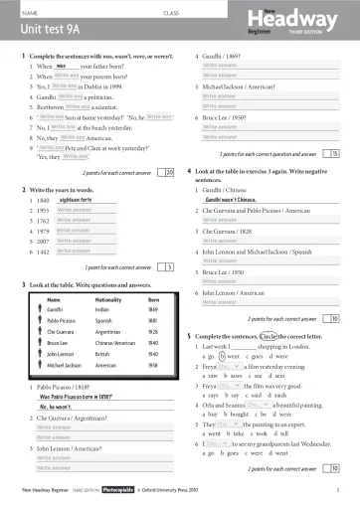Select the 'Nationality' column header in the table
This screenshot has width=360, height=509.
105,299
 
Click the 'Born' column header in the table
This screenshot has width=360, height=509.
152,299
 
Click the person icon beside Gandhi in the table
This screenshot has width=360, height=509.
40,311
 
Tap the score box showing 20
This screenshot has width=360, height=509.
168,144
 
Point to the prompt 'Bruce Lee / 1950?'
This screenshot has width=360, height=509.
227,117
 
